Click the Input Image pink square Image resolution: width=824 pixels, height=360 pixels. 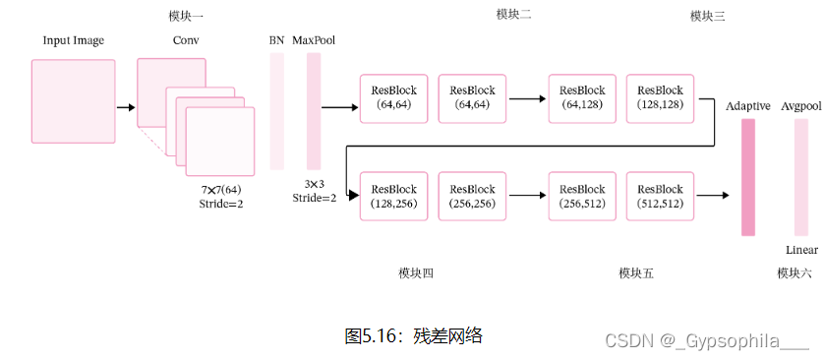pyautogui.click(x=73, y=101)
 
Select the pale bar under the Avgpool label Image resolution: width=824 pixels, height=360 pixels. pyautogui.click(x=801, y=177)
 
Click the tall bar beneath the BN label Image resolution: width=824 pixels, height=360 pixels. pyautogui.click(x=277, y=111)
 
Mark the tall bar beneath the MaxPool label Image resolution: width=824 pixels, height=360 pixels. pyautogui.click(x=314, y=111)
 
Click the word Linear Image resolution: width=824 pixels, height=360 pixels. pyautogui.click(x=801, y=250)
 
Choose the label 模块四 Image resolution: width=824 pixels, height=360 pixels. pyautogui.click(x=416, y=273)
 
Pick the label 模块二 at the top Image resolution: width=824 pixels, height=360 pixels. pyautogui.click(x=514, y=14)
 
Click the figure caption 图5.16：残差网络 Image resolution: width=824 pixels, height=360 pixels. pyautogui.click(x=413, y=335)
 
